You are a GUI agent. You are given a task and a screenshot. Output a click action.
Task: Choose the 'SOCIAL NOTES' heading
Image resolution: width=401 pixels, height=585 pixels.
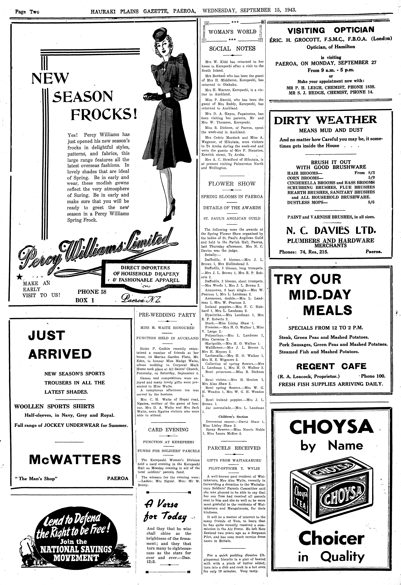232,49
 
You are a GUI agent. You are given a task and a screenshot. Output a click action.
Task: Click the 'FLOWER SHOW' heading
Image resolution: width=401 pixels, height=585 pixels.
232,184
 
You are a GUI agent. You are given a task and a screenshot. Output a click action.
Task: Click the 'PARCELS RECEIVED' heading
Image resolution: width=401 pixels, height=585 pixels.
234,448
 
